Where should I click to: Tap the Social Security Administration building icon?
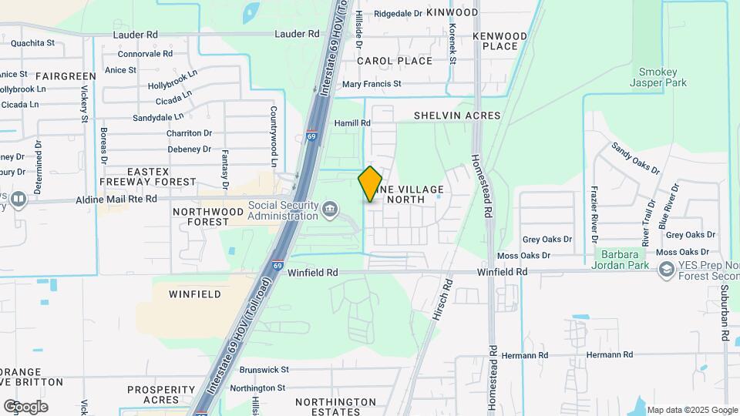tap(330, 208)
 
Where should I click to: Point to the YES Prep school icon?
tap(664, 270)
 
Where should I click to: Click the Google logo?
tap(25, 407)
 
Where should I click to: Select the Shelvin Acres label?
tap(457, 116)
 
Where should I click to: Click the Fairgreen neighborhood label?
tap(66, 76)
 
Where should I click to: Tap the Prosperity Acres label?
tap(162, 394)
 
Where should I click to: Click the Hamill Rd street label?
tap(352, 123)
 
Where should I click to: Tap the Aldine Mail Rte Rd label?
tap(116, 199)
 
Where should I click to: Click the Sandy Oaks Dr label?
tap(635, 158)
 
